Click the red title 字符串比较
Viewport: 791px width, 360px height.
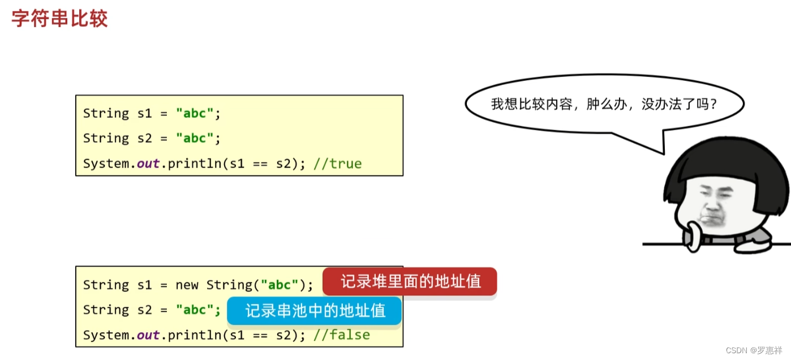coord(59,19)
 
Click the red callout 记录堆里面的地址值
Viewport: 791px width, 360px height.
coord(410,281)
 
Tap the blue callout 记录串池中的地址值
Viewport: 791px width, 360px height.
coord(315,311)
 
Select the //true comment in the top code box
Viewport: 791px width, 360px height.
coord(338,164)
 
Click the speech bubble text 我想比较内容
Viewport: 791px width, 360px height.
coord(531,104)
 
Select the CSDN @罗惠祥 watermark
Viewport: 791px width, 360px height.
coord(754,350)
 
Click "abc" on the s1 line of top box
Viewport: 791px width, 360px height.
coord(195,113)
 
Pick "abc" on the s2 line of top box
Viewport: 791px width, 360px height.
coord(195,138)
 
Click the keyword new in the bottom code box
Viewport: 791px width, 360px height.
coord(187,285)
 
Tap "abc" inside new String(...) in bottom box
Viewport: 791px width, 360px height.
coord(280,285)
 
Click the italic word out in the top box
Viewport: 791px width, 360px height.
coord(148,164)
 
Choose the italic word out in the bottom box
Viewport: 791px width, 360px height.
coord(148,335)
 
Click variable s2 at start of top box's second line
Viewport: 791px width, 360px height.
coord(145,138)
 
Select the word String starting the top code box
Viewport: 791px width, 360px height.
coord(106,113)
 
